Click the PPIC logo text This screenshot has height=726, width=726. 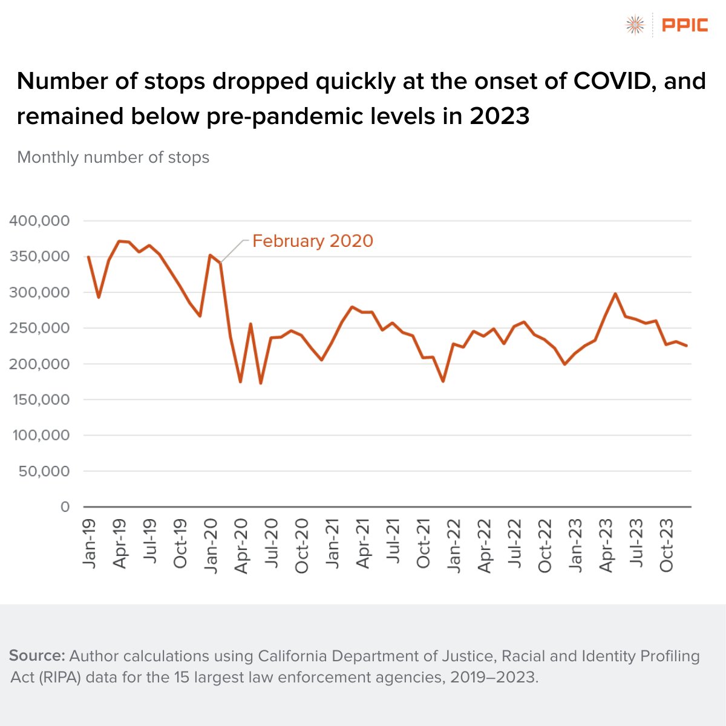click(x=685, y=25)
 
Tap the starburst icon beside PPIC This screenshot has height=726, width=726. click(x=635, y=25)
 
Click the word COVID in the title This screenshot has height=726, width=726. click(x=612, y=81)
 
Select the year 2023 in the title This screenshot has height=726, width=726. click(x=499, y=116)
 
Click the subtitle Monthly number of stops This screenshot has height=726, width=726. click(x=113, y=157)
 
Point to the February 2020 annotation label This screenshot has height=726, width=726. click(x=312, y=241)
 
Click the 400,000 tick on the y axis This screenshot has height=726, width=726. click(x=39, y=221)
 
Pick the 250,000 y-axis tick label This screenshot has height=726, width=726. click(x=39, y=328)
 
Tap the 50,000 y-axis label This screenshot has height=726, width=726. click(x=44, y=471)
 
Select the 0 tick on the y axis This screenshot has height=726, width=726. click(x=65, y=507)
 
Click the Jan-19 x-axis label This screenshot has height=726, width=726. click(x=90, y=543)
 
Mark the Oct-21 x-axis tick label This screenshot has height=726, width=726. click(x=423, y=544)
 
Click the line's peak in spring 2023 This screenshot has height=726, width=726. click(x=615, y=294)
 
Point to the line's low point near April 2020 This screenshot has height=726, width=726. click(x=240, y=382)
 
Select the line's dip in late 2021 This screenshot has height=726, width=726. click(x=443, y=381)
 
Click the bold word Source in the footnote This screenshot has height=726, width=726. click(x=37, y=656)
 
